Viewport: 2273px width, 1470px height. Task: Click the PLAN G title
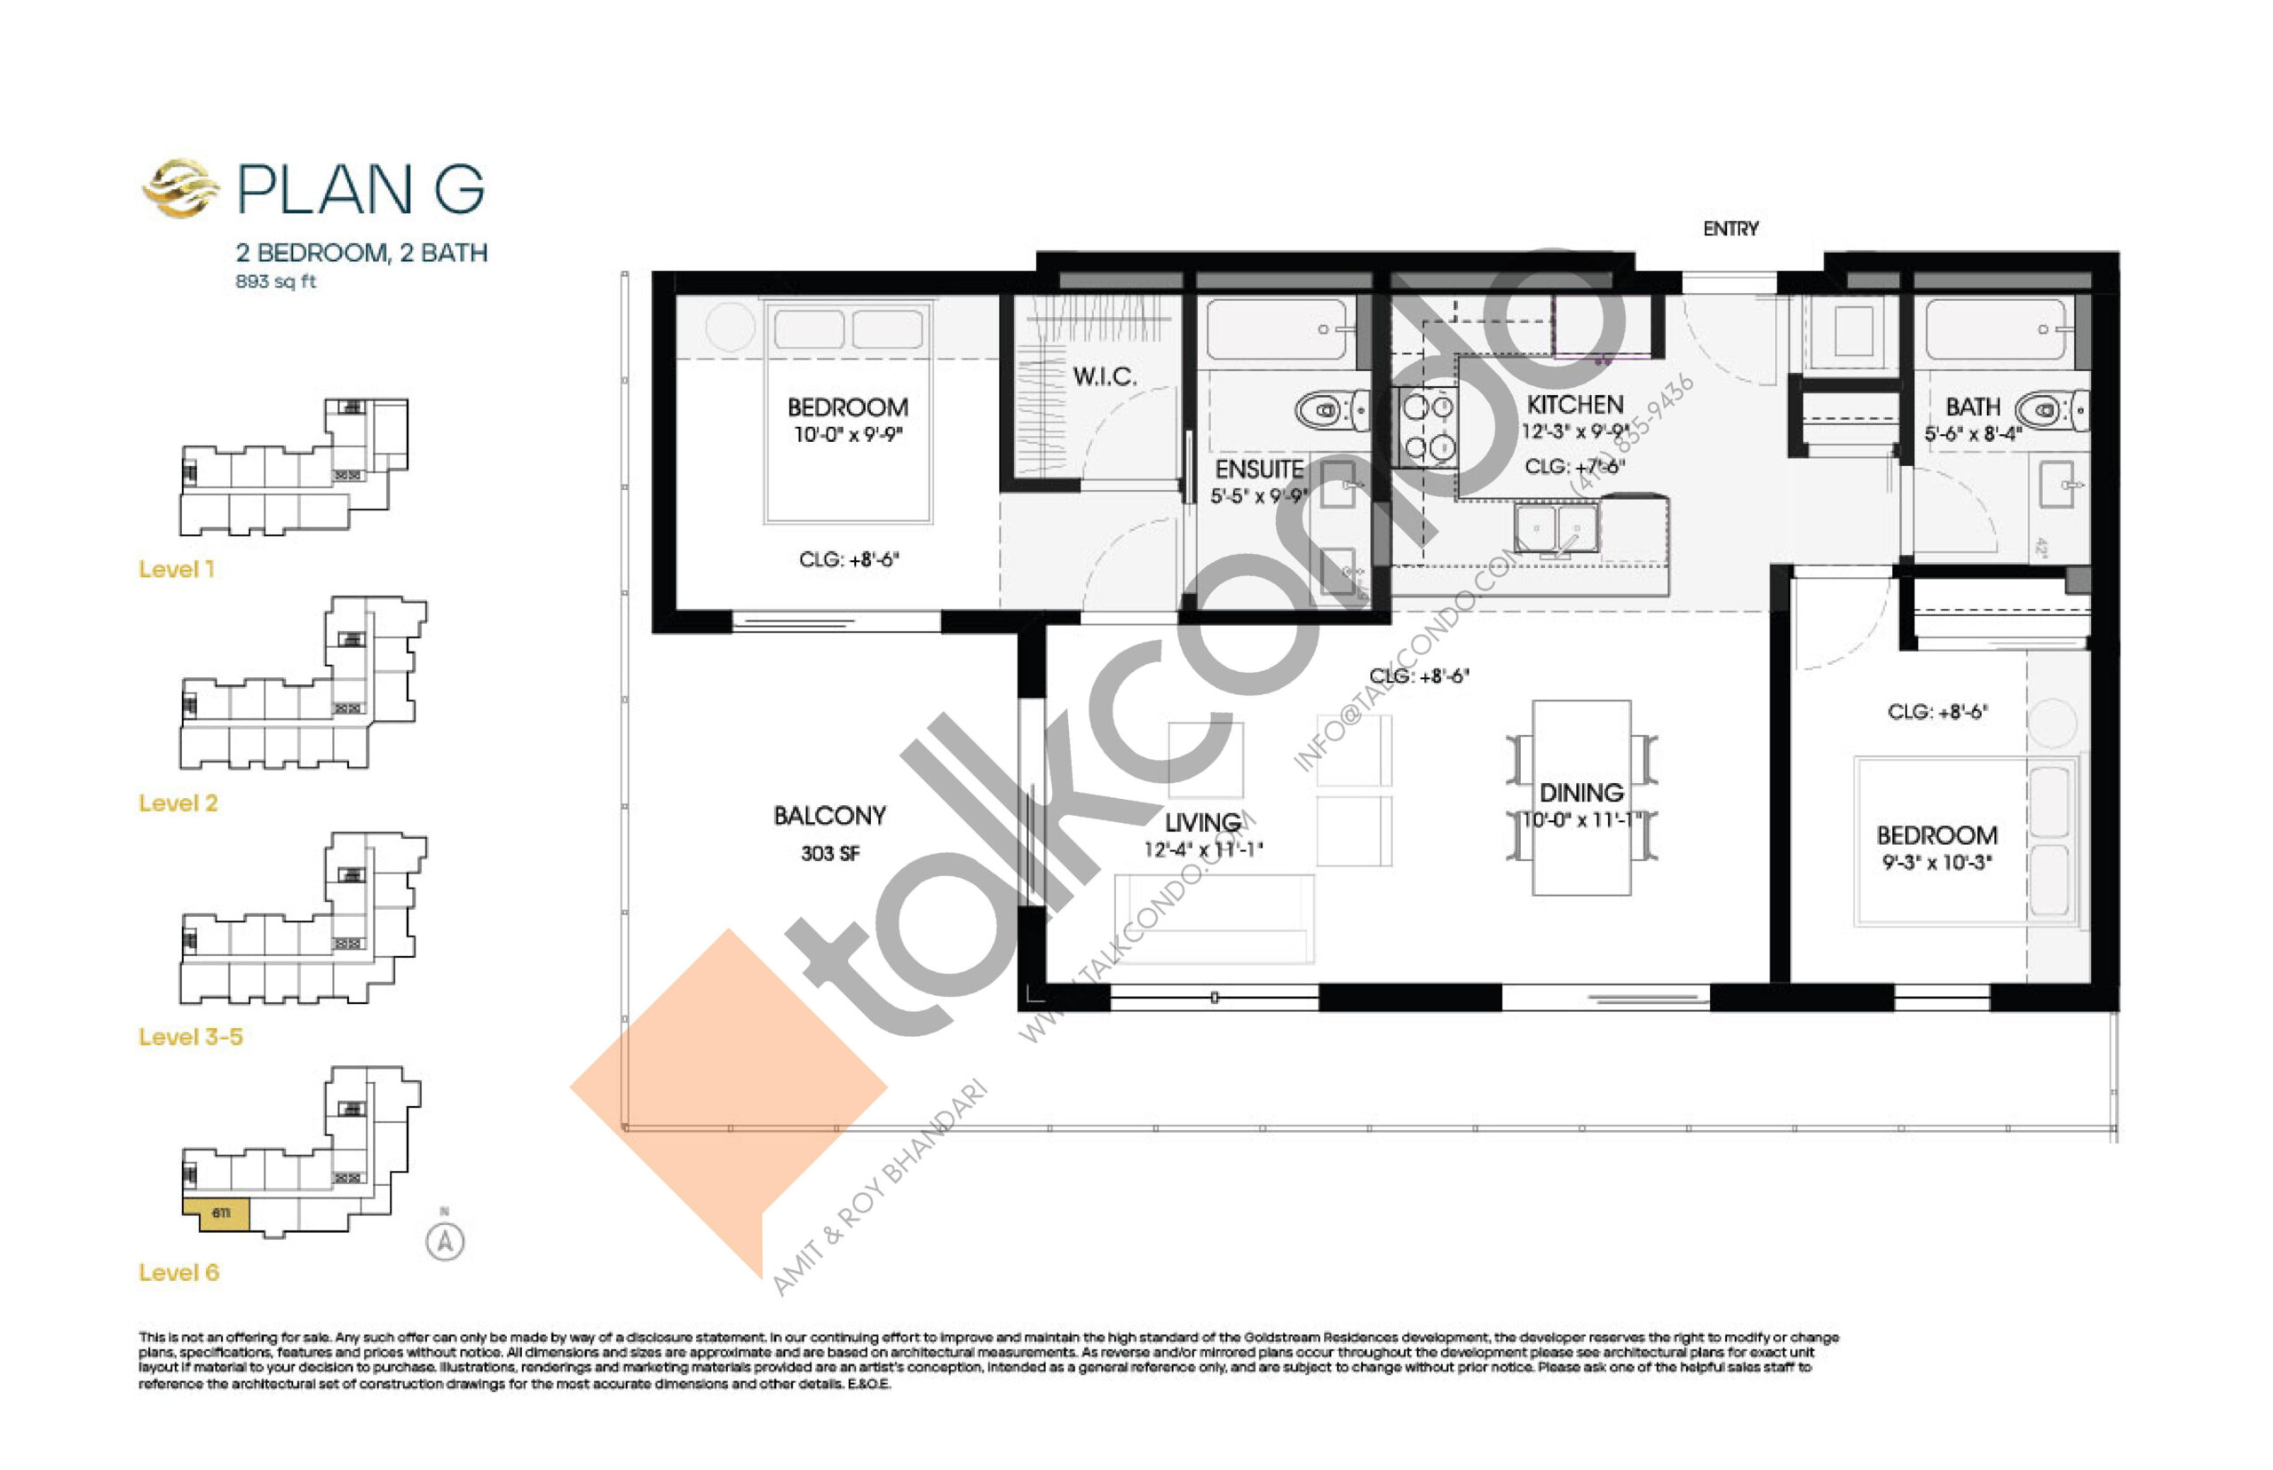point(360,189)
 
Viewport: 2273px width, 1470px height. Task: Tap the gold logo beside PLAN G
point(179,187)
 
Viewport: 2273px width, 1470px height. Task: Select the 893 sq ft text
point(275,281)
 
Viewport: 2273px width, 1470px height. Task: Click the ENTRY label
point(1729,229)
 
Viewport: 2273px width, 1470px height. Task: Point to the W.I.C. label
point(1104,376)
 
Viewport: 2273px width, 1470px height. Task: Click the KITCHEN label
point(1574,405)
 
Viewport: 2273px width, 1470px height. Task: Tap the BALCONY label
point(828,815)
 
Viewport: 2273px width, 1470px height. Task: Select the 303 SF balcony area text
point(829,853)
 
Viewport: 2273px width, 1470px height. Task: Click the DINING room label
point(1580,793)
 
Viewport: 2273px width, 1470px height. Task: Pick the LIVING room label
point(1202,822)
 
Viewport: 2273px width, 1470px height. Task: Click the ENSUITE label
point(1258,470)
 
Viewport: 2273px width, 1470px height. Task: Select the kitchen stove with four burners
point(1425,428)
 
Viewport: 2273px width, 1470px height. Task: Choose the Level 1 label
point(177,570)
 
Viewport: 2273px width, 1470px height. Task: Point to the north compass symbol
point(444,1241)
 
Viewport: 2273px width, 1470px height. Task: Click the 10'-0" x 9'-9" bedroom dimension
point(847,434)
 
